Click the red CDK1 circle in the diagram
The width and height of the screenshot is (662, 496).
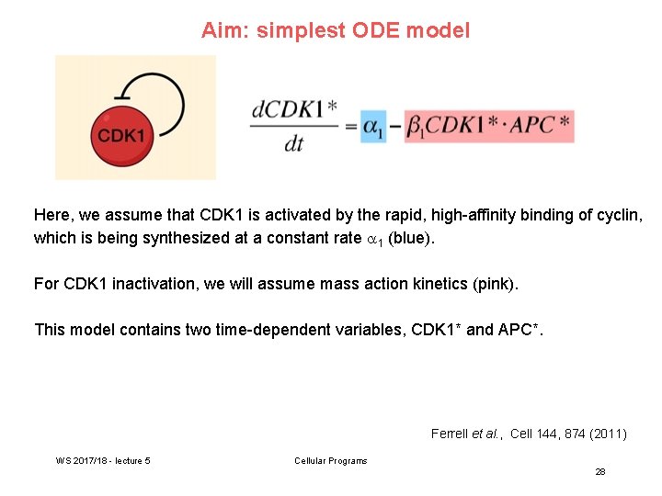(121, 136)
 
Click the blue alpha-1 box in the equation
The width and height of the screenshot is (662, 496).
(371, 126)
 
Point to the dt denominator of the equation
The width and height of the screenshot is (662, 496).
(292, 144)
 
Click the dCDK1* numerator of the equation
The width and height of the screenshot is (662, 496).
(293, 110)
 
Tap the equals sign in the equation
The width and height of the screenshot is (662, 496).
(350, 127)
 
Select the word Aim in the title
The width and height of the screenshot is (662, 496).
(223, 30)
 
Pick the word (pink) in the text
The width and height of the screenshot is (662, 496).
(496, 284)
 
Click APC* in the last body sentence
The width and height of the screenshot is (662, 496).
(520, 330)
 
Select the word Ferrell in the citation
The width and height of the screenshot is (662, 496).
(451, 434)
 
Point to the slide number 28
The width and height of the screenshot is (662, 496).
(599, 471)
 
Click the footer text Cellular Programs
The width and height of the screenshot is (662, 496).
(330, 460)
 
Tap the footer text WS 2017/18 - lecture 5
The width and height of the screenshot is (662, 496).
(103, 460)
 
